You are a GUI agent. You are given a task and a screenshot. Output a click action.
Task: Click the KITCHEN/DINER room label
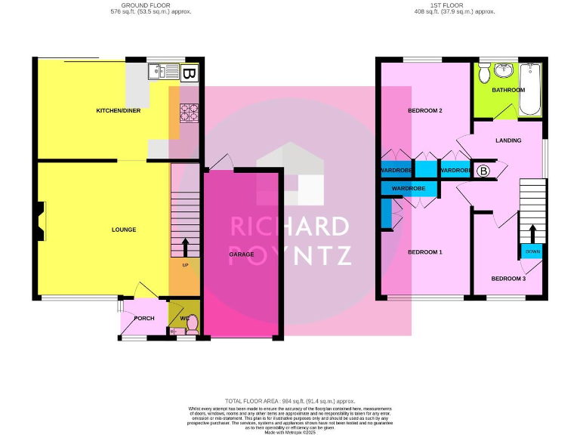(118, 111)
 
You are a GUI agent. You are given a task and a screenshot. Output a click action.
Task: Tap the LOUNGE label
(124, 229)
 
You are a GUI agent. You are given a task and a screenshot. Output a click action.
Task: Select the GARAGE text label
(242, 255)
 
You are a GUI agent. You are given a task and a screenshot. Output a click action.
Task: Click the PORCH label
(143, 318)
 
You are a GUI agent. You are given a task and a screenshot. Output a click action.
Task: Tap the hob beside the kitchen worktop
(187, 113)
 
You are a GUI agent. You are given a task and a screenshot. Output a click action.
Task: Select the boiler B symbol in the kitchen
(190, 73)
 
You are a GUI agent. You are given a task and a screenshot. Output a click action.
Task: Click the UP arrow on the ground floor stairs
(185, 248)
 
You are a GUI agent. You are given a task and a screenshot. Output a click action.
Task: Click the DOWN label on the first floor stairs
(532, 251)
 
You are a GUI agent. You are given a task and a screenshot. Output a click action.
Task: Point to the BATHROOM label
(507, 90)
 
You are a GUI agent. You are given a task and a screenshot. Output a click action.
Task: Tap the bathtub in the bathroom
(533, 88)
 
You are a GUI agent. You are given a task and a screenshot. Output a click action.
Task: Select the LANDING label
(508, 140)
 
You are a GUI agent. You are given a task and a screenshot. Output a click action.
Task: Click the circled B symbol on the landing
(483, 171)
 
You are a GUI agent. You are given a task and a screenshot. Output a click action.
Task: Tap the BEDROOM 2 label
(424, 111)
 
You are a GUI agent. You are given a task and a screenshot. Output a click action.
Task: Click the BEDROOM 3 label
(508, 279)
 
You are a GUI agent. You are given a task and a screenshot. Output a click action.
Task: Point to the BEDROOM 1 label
(424, 251)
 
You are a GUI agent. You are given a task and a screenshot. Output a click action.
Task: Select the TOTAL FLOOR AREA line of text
(290, 401)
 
